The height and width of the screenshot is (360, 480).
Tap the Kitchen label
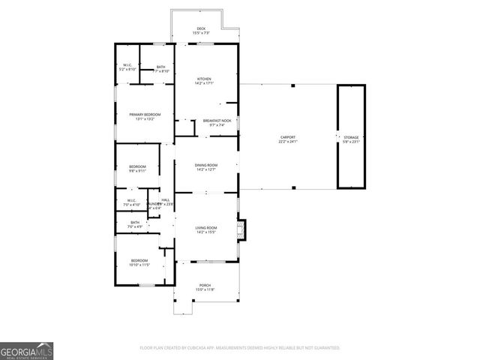coord(204,79)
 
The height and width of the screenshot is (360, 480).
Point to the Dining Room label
coord(206,165)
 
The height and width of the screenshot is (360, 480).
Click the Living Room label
coord(206,228)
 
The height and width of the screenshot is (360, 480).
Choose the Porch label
coord(205,285)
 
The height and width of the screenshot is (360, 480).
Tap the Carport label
coord(288,137)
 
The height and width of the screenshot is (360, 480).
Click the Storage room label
coord(351,138)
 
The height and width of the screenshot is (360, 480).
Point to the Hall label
coord(166,200)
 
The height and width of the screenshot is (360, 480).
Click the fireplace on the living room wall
coord(241,228)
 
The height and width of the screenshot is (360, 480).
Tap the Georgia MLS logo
coord(27,351)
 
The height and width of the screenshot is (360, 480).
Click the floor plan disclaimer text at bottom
coord(240,348)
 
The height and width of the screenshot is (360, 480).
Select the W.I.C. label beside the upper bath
coord(128,66)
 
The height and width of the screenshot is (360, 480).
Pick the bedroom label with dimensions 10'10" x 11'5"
coord(139,262)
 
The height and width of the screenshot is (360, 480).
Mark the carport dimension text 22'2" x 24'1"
coord(288,141)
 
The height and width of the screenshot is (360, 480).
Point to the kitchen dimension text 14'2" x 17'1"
coord(204,83)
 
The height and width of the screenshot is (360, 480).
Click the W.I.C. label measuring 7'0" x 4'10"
coord(130,202)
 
